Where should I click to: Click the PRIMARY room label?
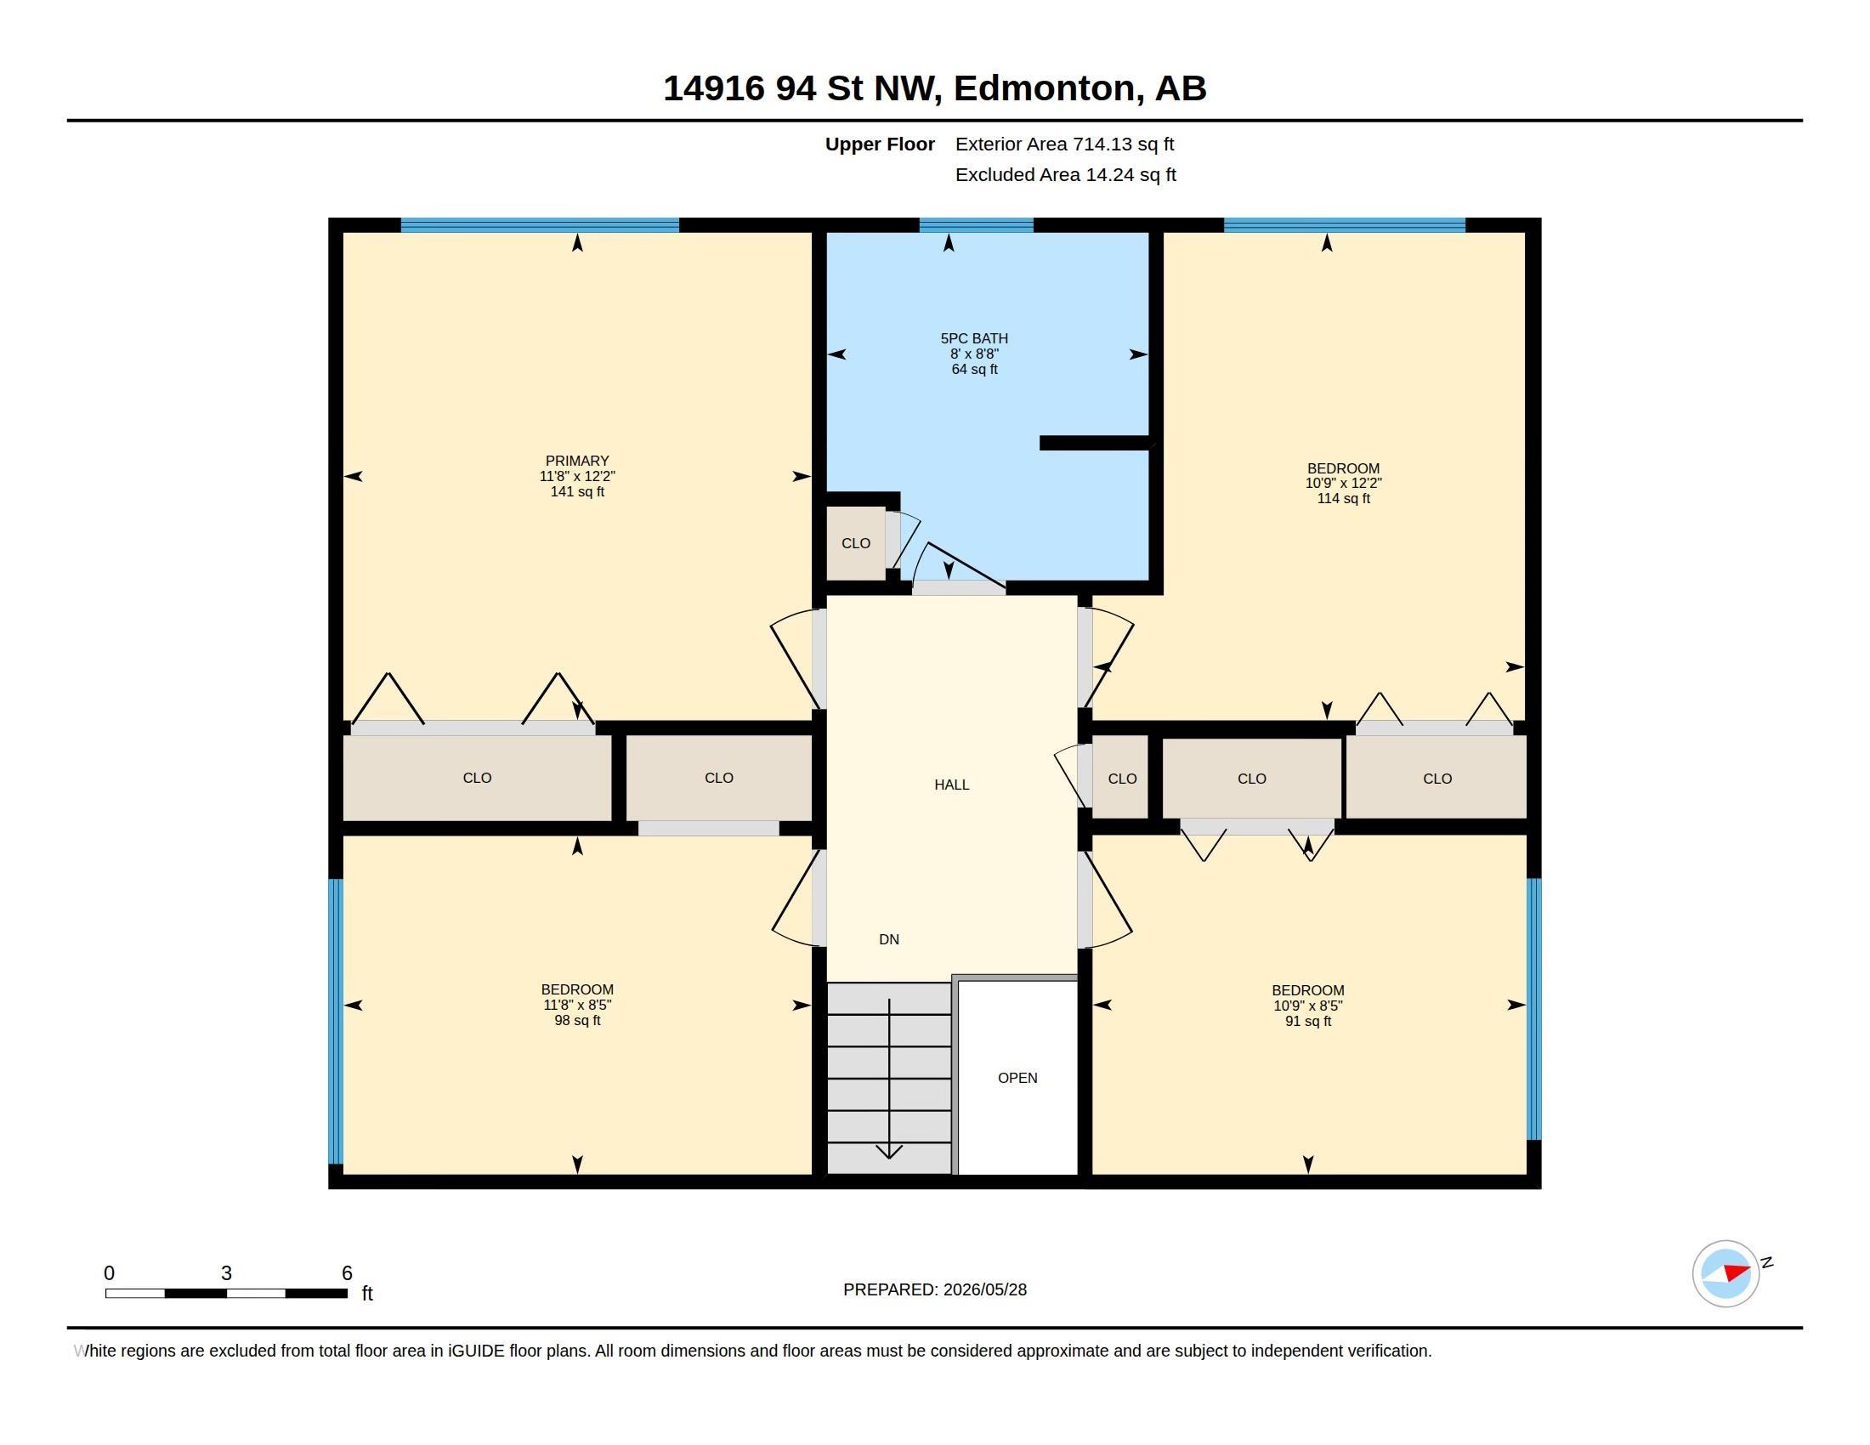[577, 461]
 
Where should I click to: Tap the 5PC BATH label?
[974, 338]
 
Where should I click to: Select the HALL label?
[951, 785]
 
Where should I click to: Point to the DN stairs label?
[889, 939]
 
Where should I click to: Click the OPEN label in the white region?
[1017, 1078]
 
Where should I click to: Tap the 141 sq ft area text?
[577, 491]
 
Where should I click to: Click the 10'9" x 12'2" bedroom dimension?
[1343, 483]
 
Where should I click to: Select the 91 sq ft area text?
[1307, 1021]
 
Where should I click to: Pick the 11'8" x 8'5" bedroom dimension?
[577, 1005]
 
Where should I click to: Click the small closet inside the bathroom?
[855, 544]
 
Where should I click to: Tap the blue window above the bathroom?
[976, 225]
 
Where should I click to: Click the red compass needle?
[1737, 1272]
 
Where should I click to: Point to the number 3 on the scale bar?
[226, 1273]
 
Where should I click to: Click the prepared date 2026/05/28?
[984, 1289]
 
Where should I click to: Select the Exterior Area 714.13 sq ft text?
[1064, 144]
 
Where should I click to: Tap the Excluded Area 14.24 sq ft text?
[1065, 174]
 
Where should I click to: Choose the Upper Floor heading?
[880, 144]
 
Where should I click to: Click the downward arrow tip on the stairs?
[890, 1159]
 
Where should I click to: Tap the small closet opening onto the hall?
[1121, 778]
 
